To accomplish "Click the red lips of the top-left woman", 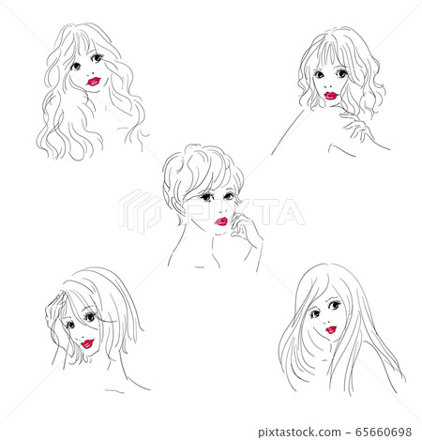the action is click(x=94, y=82).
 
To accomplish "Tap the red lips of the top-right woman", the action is click(x=331, y=96).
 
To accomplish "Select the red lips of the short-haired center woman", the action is click(x=221, y=221).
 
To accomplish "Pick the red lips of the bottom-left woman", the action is click(x=87, y=343).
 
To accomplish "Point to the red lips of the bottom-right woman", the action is click(x=331, y=329).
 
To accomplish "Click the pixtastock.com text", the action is click(x=299, y=432).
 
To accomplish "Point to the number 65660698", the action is click(x=384, y=432).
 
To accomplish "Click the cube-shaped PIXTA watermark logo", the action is click(x=140, y=212).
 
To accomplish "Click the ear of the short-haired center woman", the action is click(x=179, y=208).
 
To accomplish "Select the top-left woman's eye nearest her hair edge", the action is click(x=75, y=67).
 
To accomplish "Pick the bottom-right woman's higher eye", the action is click(x=334, y=304).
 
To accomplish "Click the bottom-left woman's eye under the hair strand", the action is click(x=90, y=317).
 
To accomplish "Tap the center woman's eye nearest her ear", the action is click(x=207, y=197).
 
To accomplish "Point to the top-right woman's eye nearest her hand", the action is click(x=341, y=73).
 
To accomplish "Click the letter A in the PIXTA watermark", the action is click(x=290, y=213).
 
